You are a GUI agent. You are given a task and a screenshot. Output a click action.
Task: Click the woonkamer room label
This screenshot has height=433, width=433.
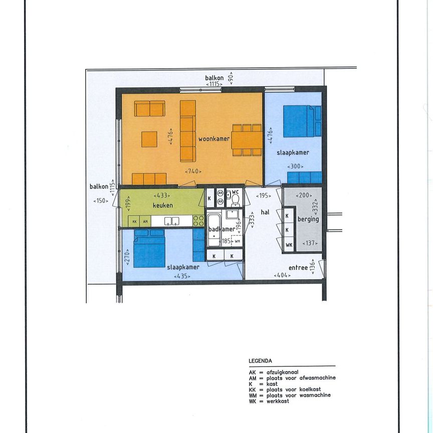[x=214, y=139]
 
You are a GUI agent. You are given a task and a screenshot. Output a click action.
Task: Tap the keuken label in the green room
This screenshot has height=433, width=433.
[x=163, y=205]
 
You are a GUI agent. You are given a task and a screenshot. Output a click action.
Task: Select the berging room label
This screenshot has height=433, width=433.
[x=308, y=219]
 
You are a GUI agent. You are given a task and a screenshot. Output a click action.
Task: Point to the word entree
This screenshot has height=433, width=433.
[x=298, y=268]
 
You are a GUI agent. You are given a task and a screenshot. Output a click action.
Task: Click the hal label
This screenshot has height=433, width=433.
[x=265, y=212]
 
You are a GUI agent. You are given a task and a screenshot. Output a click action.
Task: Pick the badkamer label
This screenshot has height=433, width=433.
[x=221, y=229]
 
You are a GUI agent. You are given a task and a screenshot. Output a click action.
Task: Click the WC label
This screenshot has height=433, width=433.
[x=235, y=192]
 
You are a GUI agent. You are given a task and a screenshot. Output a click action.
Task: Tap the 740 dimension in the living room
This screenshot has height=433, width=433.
[x=193, y=171]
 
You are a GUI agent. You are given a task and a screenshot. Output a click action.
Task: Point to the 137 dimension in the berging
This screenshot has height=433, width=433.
[x=309, y=244]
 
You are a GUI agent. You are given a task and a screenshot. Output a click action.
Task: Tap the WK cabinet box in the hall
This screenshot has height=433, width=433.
[x=289, y=245]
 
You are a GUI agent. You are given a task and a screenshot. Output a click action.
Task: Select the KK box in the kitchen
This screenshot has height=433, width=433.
[x=134, y=221]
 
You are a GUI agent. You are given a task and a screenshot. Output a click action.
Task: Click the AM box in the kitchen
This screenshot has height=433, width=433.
[x=145, y=221]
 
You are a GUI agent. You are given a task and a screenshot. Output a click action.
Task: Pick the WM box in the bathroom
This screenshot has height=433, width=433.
[x=237, y=242]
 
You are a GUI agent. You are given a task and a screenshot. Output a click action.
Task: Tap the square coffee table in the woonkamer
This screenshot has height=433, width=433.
[x=149, y=139]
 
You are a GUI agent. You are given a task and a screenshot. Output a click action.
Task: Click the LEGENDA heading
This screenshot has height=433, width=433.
[x=260, y=361]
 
